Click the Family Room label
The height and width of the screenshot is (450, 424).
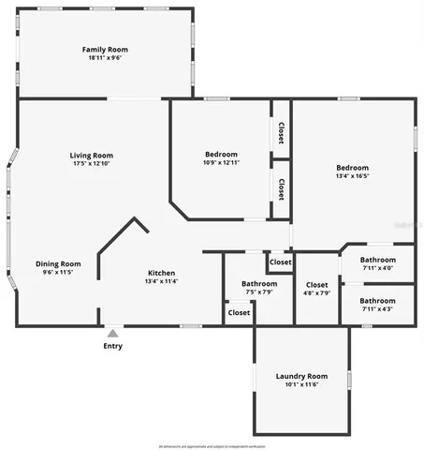click(104, 49)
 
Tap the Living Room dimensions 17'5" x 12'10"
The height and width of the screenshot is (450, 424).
click(91, 164)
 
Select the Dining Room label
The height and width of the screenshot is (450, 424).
click(57, 263)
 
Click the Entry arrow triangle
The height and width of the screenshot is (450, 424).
click(112, 333)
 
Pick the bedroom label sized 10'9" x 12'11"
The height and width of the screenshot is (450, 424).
click(221, 154)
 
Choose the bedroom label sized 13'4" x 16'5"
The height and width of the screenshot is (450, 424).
click(353, 167)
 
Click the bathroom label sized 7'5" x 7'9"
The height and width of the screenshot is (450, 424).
click(258, 283)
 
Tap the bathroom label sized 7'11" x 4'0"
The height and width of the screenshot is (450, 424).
click(378, 260)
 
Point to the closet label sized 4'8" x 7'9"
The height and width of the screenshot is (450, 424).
click(316, 284)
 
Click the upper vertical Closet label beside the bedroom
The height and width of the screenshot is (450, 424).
click(281, 132)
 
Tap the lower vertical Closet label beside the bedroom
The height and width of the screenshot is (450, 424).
click(281, 189)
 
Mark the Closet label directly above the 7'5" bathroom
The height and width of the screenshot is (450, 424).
click(281, 262)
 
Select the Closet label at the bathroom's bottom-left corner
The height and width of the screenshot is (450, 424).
click(240, 312)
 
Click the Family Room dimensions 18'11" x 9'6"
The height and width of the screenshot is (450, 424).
click(104, 57)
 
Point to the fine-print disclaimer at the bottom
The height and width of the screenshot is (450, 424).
click(212, 445)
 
